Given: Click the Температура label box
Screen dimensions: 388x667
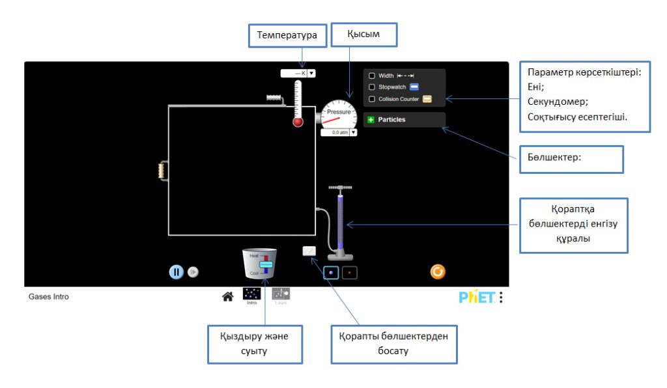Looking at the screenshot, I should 287,35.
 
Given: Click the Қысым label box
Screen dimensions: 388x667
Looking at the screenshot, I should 364,35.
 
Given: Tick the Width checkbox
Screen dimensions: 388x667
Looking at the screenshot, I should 372,76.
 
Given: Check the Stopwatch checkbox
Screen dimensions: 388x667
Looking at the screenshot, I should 372,87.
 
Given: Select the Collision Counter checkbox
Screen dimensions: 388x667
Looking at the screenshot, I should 372,99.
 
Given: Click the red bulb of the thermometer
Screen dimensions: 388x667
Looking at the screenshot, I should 298,122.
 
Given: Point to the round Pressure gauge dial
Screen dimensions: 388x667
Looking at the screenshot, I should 339,115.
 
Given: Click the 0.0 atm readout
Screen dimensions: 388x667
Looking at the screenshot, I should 336,132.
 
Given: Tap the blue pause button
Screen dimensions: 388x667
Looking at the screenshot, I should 177,272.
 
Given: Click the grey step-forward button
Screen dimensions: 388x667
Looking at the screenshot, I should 193,273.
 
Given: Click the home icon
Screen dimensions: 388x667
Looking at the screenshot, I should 228,297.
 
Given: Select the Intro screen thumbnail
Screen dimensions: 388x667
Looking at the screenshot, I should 252,294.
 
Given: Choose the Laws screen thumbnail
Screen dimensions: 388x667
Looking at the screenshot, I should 281,294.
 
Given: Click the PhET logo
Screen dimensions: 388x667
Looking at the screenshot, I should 477,298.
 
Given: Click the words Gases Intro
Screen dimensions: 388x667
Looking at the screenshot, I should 49,297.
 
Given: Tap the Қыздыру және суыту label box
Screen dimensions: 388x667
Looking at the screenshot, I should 255,344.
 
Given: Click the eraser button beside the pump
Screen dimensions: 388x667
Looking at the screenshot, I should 309,251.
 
